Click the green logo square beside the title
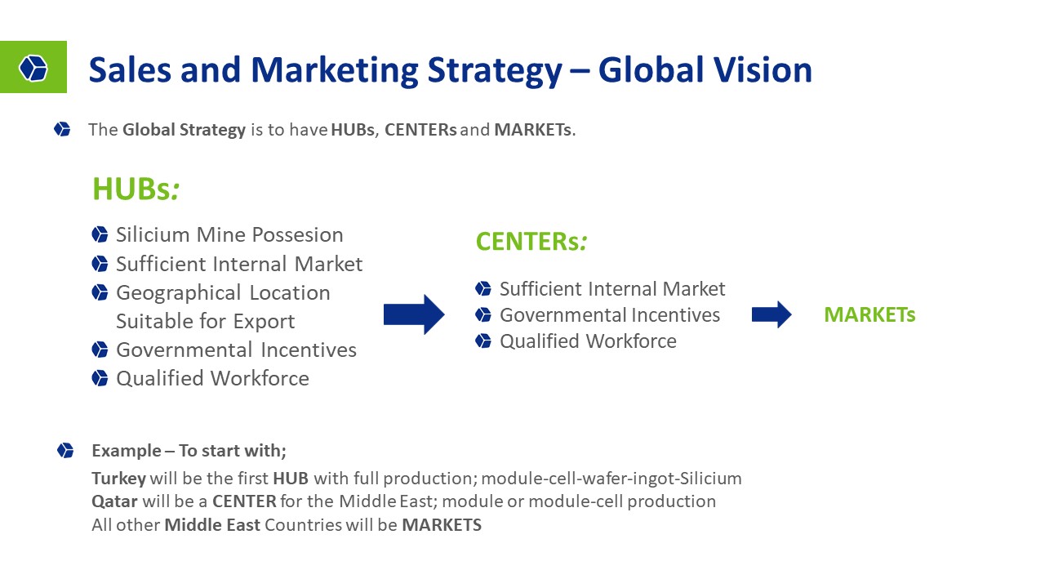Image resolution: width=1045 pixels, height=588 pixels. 33,67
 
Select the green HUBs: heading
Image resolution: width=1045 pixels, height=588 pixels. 136,189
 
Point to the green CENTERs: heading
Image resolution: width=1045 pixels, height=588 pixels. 531,242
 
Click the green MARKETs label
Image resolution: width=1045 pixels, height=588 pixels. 869,314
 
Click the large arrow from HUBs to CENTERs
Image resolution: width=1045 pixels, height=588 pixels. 414,314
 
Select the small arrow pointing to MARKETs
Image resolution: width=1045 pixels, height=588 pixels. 772,314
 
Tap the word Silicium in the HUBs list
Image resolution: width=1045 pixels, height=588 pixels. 153,234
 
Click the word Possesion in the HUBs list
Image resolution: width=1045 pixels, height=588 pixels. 297,234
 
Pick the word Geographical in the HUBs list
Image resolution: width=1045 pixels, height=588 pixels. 179,293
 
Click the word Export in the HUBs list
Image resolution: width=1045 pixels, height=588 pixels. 264,322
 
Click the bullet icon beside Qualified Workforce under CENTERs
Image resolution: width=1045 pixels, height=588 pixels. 483,341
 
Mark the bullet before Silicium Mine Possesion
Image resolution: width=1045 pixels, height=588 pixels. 100,234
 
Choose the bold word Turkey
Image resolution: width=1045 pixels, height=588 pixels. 119,479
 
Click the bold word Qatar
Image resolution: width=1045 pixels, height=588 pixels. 114,501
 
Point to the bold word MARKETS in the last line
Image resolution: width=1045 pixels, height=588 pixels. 442,525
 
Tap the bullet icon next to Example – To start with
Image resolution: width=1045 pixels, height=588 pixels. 65,451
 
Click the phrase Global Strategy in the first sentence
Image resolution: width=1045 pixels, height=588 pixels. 184,130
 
